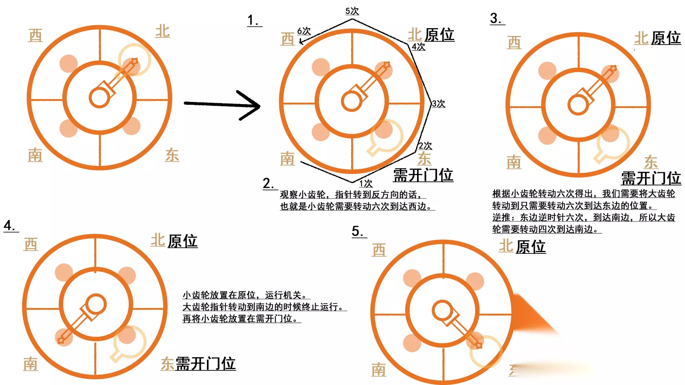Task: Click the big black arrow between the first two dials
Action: (222, 105)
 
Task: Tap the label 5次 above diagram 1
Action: (352, 11)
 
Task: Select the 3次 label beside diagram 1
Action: (438, 104)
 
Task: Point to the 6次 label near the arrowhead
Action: (304, 31)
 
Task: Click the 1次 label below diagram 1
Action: (366, 184)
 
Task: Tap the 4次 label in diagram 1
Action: (418, 47)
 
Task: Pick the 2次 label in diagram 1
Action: (425, 146)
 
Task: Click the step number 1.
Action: (254, 20)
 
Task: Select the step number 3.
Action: (497, 18)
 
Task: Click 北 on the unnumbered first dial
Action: (163, 31)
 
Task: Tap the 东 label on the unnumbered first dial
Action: (172, 155)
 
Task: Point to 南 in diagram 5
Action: (379, 370)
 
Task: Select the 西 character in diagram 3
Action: (514, 42)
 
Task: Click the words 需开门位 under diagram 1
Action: (423, 175)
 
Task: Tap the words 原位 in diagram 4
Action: (183, 241)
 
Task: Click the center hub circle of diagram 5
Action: (443, 310)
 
